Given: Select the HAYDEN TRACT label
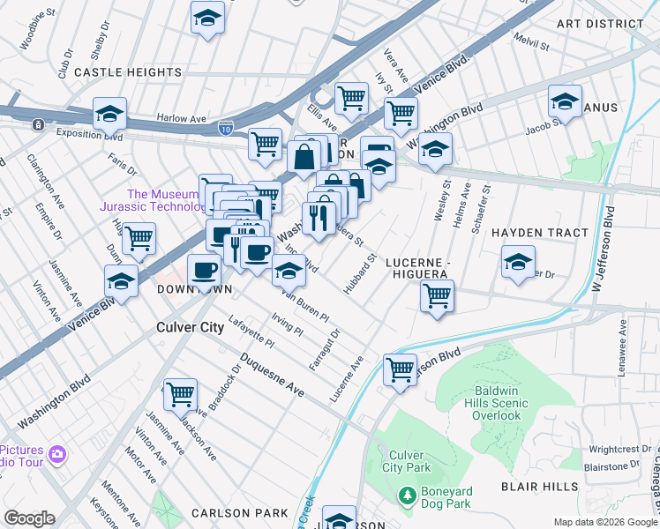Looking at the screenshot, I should click(x=539, y=233).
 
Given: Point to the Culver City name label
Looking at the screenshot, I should click(x=190, y=327).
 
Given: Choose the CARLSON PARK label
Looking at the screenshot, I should click(x=240, y=513).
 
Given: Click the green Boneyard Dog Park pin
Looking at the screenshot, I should click(x=407, y=497).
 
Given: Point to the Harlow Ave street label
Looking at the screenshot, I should click(x=181, y=117).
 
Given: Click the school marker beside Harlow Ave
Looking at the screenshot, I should click(x=110, y=114).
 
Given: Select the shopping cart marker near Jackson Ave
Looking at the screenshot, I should click(x=180, y=393).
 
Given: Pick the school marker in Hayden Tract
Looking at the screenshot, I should click(x=518, y=261).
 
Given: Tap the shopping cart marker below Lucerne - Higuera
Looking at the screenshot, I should click(x=437, y=296).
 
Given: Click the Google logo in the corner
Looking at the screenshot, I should click(x=29, y=518).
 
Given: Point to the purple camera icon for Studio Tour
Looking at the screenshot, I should click(x=57, y=454).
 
